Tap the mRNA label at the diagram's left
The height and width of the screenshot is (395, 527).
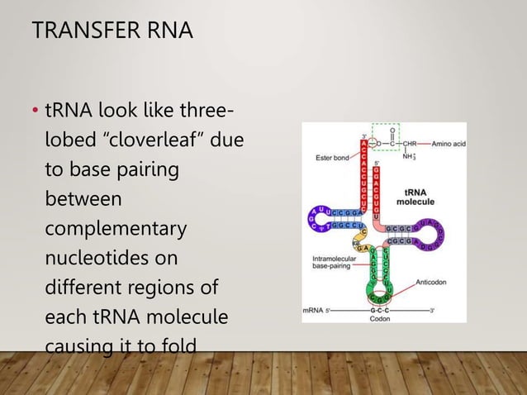click(x=315, y=311)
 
